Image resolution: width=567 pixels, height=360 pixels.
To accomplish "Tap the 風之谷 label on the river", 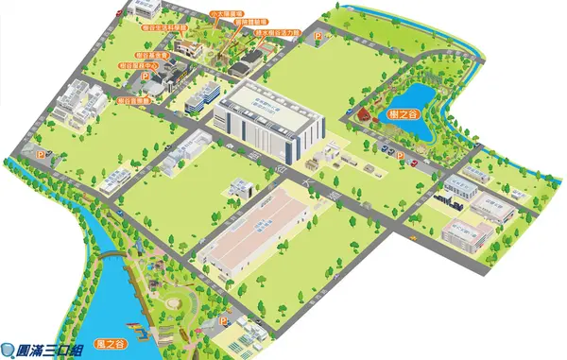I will click(112, 344).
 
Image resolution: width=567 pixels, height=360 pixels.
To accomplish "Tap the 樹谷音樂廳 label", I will click(134, 99).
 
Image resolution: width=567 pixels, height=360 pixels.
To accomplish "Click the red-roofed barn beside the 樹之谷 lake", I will click(363, 115).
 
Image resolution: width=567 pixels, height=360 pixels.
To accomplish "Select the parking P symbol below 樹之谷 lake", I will click(399, 156).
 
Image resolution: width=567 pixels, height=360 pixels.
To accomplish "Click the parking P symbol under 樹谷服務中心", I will click(41, 154).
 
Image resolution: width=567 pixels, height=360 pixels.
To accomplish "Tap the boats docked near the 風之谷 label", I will click(138, 330).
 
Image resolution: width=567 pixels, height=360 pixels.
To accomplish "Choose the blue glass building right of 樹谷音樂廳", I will click(205, 95).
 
